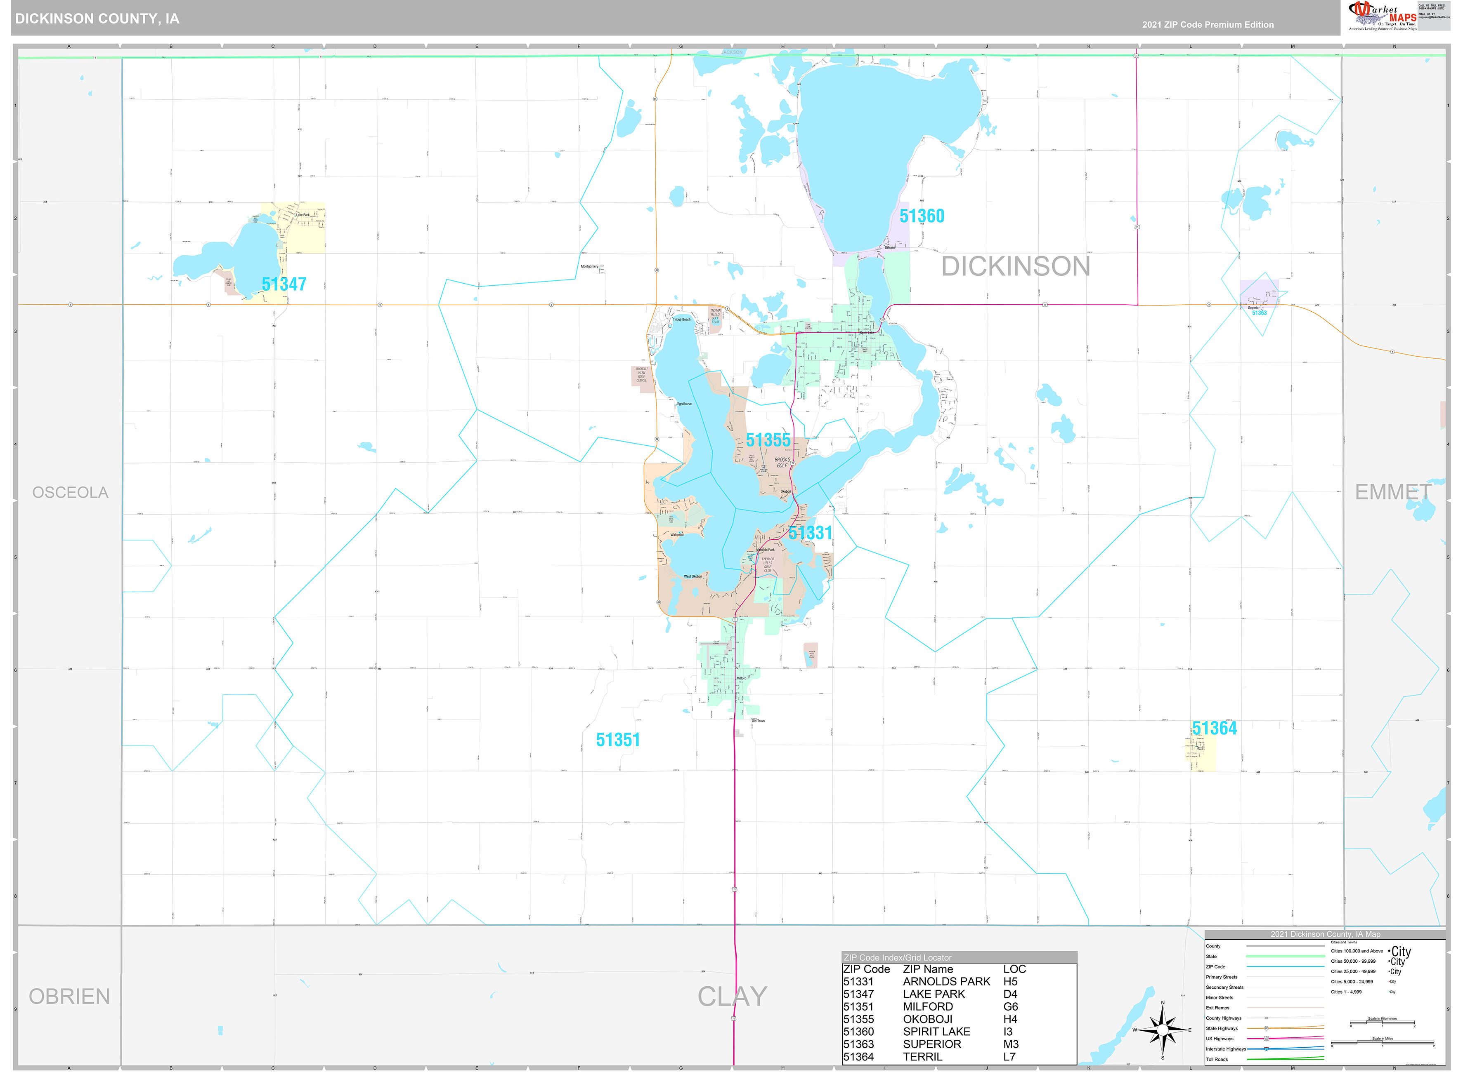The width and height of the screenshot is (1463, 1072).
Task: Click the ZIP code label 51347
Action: [284, 284]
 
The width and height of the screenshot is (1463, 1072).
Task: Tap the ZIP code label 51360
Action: [922, 216]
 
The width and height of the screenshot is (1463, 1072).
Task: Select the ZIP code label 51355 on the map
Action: [768, 440]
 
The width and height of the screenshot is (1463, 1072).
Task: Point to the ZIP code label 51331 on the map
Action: [810, 533]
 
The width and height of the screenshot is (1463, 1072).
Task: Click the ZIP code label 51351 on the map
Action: [617, 740]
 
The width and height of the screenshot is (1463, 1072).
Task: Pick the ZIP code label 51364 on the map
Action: [1214, 728]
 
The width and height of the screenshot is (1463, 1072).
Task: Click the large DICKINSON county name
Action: [1016, 266]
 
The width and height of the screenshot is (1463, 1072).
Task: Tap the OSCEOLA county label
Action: [70, 493]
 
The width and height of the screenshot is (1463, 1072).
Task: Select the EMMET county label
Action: [1392, 492]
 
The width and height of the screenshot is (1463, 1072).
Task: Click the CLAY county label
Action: [732, 997]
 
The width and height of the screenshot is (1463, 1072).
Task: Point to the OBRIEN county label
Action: [69, 997]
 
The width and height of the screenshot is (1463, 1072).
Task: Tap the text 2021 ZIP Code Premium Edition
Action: [1208, 25]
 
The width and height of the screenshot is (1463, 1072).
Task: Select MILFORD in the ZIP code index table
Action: [927, 1006]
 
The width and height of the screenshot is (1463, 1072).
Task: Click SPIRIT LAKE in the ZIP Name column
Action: [936, 1032]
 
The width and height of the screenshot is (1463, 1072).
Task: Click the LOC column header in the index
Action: [1014, 969]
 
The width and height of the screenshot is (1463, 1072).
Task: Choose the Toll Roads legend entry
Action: [1217, 1059]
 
